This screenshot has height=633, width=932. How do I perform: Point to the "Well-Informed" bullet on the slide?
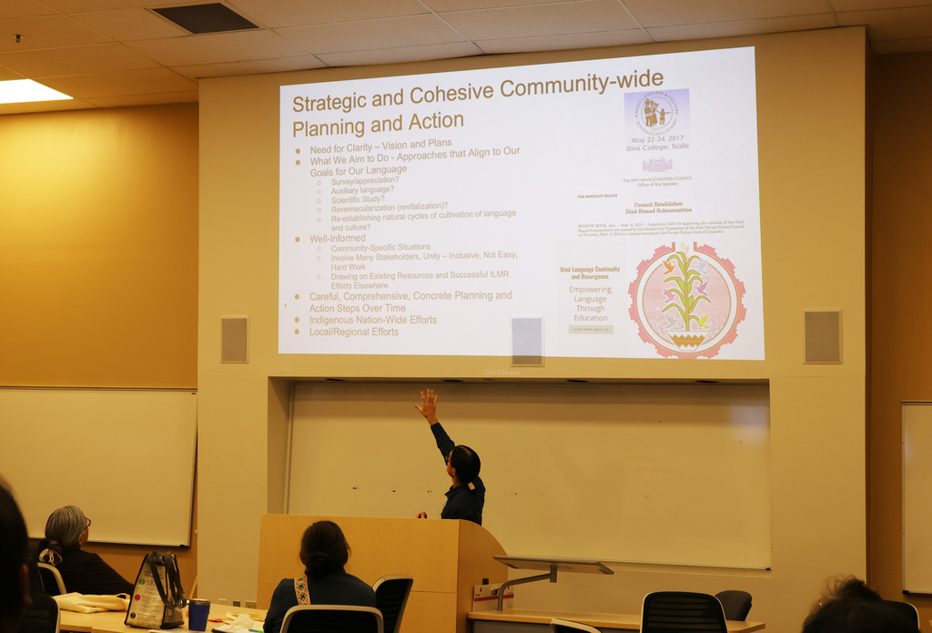337,239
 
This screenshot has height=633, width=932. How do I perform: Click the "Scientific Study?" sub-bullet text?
358,199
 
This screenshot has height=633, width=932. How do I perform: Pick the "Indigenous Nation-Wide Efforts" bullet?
372,320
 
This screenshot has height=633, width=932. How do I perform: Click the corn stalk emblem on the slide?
686,300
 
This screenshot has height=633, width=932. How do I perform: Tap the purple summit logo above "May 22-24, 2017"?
656,112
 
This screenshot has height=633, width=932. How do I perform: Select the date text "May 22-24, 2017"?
656,140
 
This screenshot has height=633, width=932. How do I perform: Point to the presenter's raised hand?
426,403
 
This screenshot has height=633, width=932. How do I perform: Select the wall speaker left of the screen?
234,339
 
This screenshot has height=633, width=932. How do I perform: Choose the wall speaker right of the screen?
823,336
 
